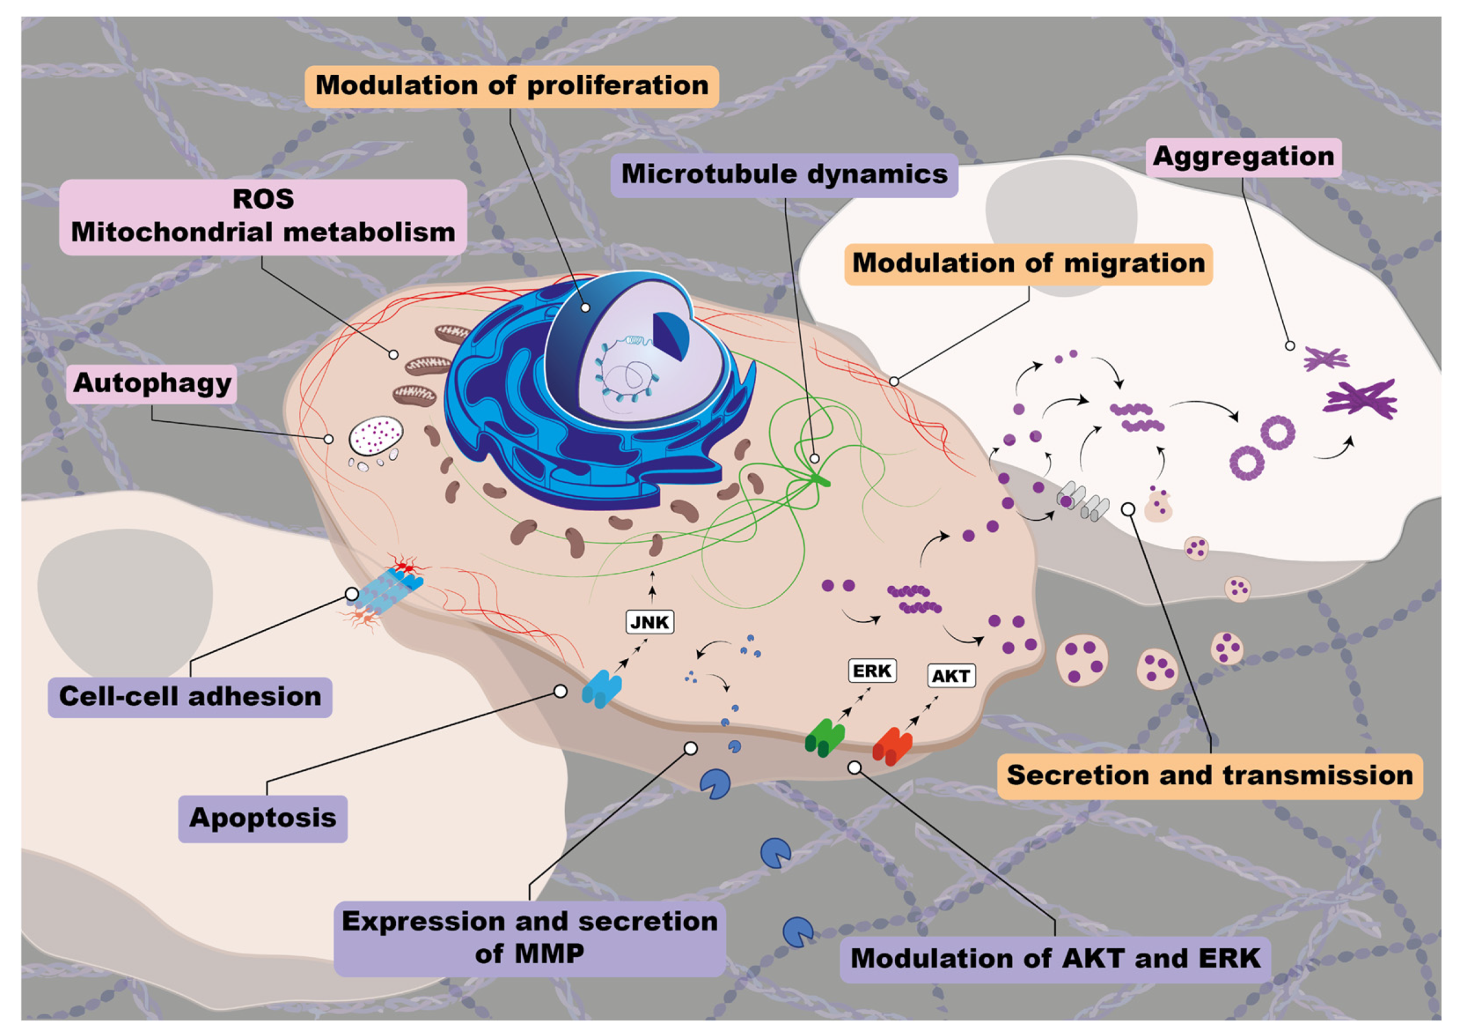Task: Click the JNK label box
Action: click(649, 623)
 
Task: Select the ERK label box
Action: click(872, 671)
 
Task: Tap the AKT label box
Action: click(950, 676)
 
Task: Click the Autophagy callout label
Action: click(151, 384)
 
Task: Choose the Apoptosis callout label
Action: click(263, 818)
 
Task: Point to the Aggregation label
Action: click(1243, 157)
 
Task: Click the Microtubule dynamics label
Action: click(784, 175)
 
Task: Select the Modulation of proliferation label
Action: click(512, 86)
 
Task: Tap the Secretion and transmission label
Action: click(1209, 775)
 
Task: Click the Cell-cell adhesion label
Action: click(190, 697)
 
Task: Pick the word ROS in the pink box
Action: click(263, 199)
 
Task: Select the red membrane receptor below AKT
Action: click(892, 746)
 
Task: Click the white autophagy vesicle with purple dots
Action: click(376, 436)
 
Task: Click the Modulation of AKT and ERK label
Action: click(1055, 958)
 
